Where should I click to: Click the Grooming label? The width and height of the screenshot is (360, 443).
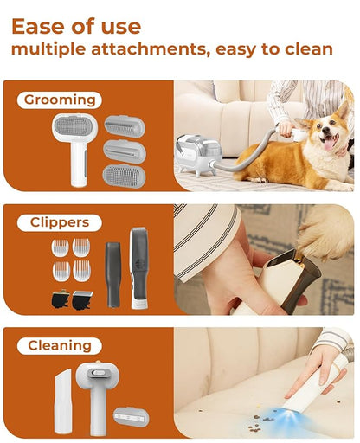pos(58,100)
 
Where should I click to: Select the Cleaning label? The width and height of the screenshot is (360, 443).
pos(59,345)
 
